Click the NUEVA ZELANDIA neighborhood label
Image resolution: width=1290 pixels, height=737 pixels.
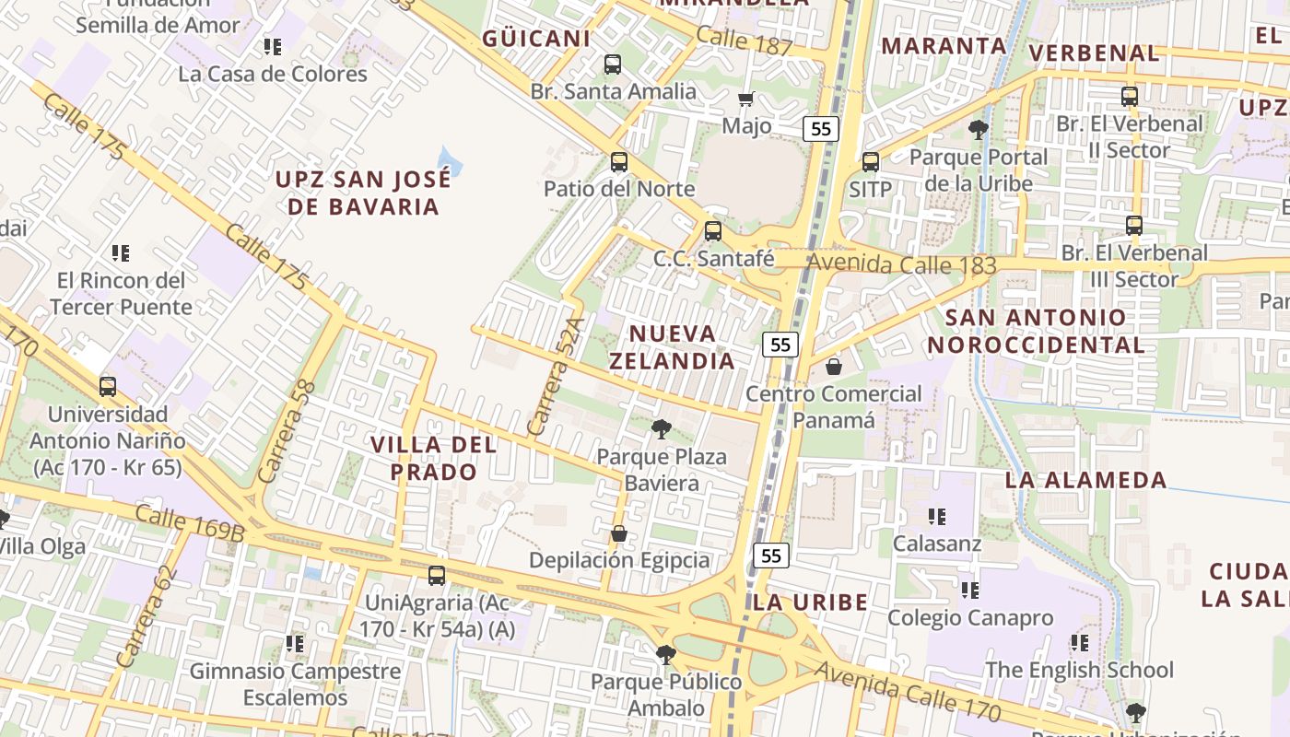coord(673,346)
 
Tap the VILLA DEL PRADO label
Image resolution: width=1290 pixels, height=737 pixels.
coord(433,458)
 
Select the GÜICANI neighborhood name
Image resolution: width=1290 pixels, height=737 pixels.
coord(535,39)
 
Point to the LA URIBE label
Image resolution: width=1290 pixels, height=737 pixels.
coord(810,602)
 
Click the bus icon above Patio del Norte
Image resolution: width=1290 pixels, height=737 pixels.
coord(619,162)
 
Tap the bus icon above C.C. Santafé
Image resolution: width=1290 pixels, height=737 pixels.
coord(712,231)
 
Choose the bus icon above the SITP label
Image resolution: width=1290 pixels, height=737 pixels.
coord(870,162)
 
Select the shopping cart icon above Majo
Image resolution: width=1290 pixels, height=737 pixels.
coord(746,99)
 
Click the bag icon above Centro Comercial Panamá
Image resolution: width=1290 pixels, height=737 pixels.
coord(833,367)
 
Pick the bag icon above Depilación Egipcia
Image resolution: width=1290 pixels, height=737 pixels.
coord(619,533)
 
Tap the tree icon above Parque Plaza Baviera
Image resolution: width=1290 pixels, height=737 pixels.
coord(661,428)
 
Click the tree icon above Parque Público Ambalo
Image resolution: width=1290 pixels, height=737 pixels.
coord(665,655)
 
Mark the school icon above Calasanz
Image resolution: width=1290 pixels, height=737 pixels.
coord(937,516)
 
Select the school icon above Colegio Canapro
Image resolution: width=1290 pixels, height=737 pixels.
coord(969,590)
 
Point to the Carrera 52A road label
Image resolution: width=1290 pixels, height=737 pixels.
coord(557,378)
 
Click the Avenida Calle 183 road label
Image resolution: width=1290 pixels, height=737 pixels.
coord(902,264)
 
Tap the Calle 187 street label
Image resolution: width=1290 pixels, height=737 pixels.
coord(744,41)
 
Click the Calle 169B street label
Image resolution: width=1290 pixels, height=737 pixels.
coord(189,522)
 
